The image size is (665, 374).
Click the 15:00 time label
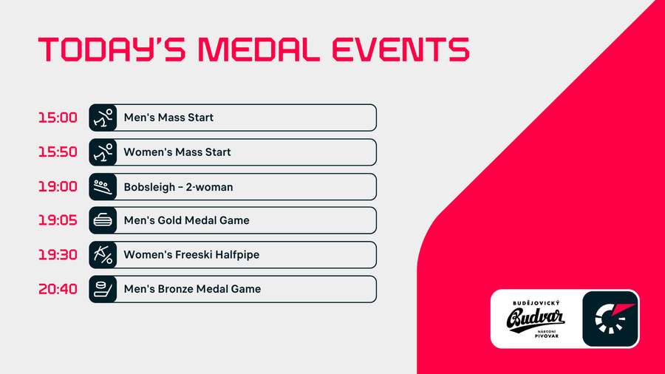[x=58, y=118]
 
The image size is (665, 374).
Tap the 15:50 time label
[x=58, y=152]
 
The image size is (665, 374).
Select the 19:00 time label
[x=58, y=187]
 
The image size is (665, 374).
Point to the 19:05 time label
[x=58, y=220]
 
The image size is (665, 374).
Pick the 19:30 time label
[x=58, y=255]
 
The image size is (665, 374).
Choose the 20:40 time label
[x=58, y=289]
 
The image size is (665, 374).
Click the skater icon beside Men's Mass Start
[x=103, y=118]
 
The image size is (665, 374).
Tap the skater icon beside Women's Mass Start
[x=103, y=152]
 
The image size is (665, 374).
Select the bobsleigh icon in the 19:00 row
[x=103, y=187]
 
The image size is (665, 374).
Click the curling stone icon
[x=103, y=220]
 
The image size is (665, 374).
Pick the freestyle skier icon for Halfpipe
[x=103, y=255]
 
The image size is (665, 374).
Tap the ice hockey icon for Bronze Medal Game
[x=103, y=289]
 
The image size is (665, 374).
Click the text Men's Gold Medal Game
[x=186, y=220]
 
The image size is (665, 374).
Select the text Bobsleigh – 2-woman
[x=178, y=187]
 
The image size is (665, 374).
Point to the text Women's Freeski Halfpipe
[x=191, y=255]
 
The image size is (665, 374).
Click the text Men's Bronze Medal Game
[x=192, y=289]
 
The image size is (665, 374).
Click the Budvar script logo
[x=536, y=319]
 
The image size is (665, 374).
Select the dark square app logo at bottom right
[x=610, y=319]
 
